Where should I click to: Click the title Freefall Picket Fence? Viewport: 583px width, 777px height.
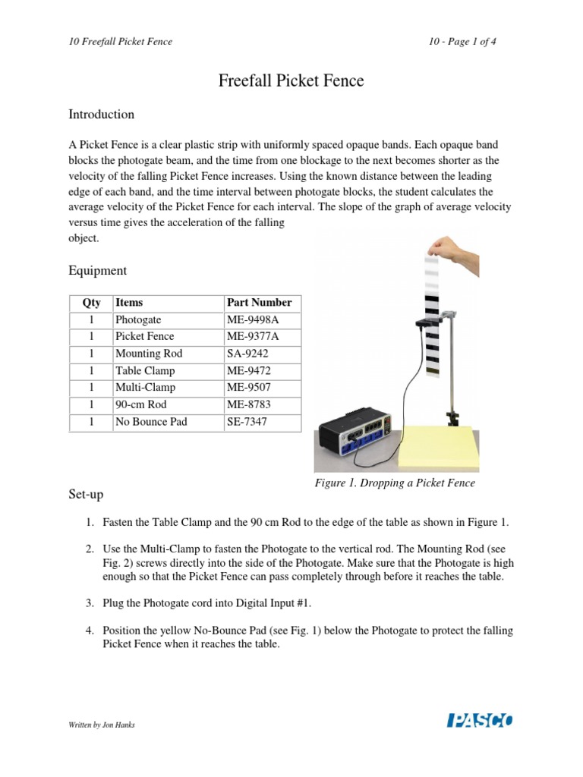tap(291, 80)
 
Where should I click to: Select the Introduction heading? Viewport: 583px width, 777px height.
tap(101, 115)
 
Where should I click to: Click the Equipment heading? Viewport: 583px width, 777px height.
tap(98, 271)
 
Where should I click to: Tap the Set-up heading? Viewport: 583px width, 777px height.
tap(86, 495)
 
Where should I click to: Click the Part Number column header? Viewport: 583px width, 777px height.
tap(259, 302)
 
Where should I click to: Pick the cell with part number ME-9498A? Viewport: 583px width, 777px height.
tap(253, 319)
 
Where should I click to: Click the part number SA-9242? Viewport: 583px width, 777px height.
tap(247, 354)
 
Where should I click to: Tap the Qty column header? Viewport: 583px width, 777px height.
tap(91, 302)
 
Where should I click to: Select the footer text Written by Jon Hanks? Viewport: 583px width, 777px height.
tap(102, 725)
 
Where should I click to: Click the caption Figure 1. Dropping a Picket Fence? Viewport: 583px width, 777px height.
tap(395, 483)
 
